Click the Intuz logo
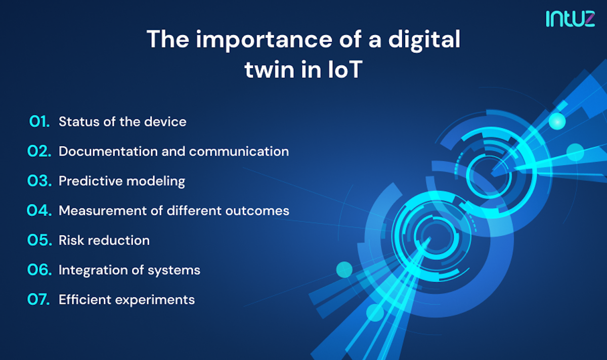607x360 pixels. pyautogui.click(x=570, y=19)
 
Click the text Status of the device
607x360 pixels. pyautogui.click(x=122, y=122)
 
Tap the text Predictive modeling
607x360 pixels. pyautogui.click(x=122, y=181)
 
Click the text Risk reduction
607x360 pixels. pyautogui.click(x=104, y=240)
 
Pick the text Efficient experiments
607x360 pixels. pyautogui.click(x=126, y=299)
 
